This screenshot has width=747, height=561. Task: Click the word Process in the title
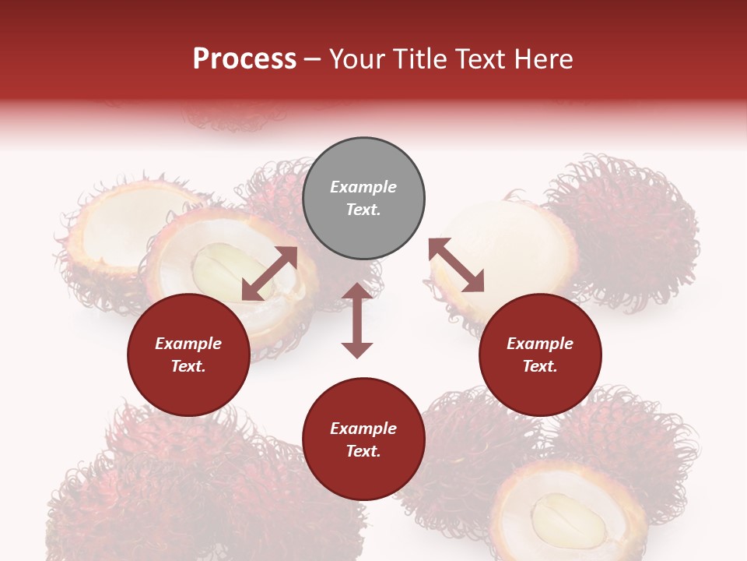(x=244, y=59)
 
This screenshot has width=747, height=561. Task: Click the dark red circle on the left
(x=188, y=355)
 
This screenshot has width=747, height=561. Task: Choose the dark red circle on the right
(x=540, y=355)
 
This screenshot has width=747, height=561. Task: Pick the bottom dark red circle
(x=363, y=439)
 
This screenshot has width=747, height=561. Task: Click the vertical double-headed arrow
(x=357, y=320)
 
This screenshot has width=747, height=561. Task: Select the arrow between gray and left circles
(x=269, y=273)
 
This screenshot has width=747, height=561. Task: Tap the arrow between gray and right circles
(x=456, y=265)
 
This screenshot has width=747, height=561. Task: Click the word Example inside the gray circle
(x=363, y=187)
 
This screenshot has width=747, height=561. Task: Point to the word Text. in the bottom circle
(x=363, y=451)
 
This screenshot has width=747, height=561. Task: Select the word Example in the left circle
(x=188, y=344)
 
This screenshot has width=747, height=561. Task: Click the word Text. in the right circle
(x=540, y=366)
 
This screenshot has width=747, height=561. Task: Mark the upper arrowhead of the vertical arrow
(x=357, y=292)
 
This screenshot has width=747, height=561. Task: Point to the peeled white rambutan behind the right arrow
(x=498, y=242)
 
